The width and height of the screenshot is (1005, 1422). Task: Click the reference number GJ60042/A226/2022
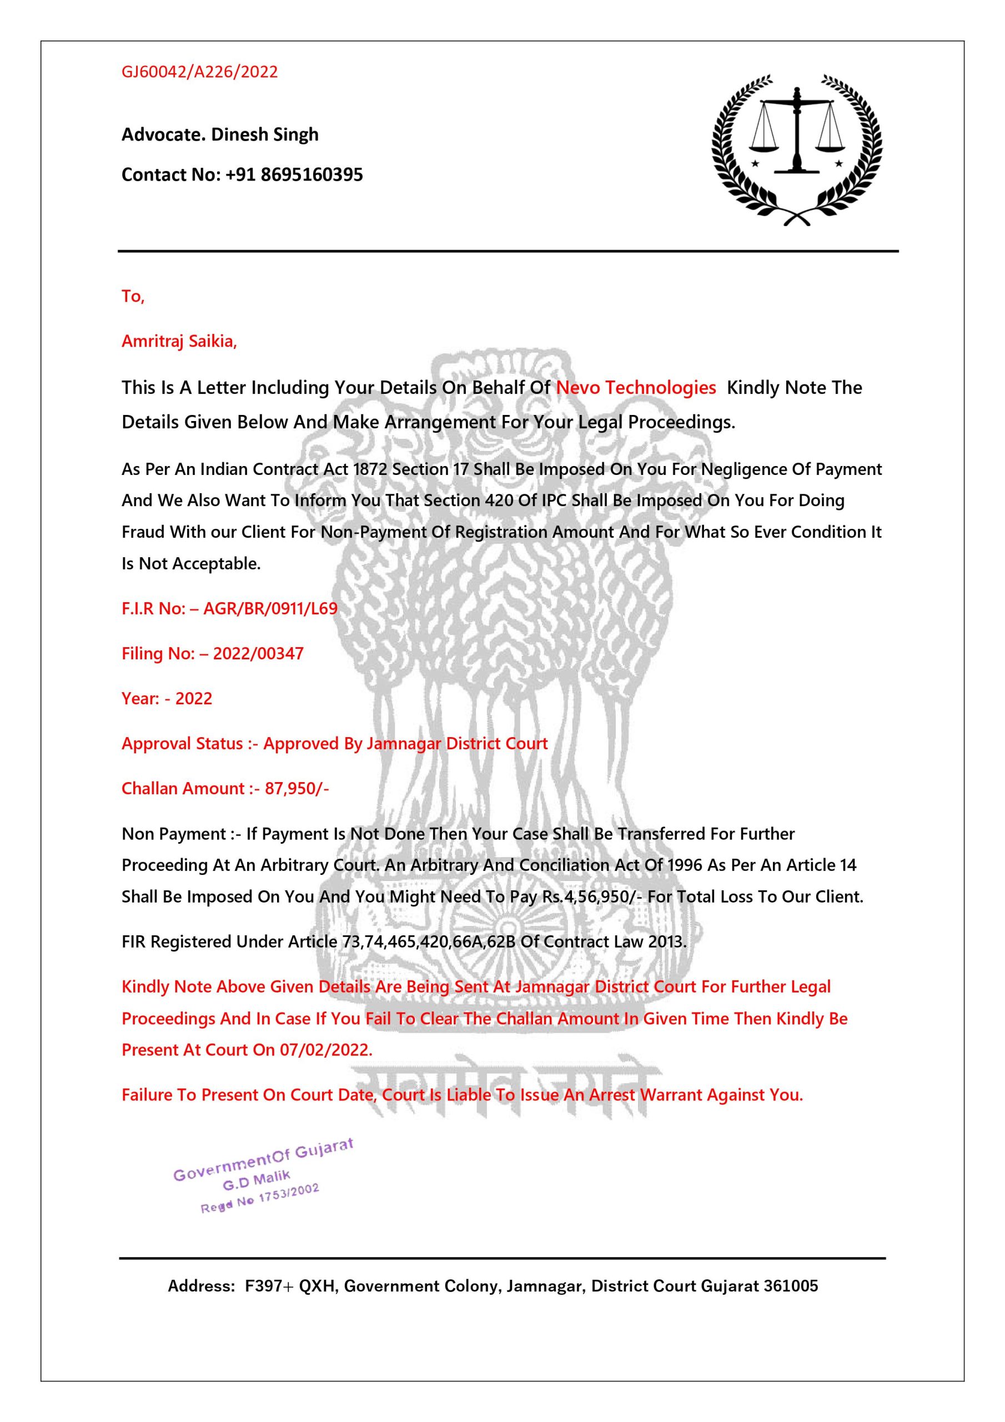(199, 72)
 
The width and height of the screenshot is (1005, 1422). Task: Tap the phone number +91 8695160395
(294, 174)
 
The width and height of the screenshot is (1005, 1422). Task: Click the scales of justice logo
(797, 149)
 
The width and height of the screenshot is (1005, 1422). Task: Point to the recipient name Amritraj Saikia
(178, 341)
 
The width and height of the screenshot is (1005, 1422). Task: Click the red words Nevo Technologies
(636, 388)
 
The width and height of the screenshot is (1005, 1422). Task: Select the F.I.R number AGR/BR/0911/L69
(270, 608)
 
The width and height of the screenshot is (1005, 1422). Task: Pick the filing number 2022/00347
(258, 653)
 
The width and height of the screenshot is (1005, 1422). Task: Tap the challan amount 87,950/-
(297, 788)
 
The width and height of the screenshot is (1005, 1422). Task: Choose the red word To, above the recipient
(133, 297)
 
